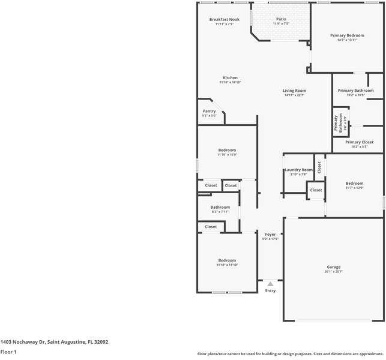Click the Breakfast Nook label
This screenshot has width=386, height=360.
coord(224,20)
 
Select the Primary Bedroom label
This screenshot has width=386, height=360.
coord(347,36)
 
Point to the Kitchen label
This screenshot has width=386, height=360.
coord(231,78)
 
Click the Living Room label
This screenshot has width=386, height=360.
coord(295,91)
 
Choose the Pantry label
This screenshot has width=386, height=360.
coord(209,111)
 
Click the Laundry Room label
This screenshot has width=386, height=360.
coord(298,170)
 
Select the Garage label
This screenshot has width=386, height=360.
coord(333,268)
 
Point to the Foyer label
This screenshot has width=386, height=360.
coord(270,235)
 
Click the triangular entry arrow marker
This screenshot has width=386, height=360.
coord(270,284)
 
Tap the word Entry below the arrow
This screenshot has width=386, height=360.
coord(270,291)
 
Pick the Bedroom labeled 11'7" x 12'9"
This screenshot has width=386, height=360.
coord(354,184)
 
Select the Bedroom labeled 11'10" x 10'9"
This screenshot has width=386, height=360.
coord(227,150)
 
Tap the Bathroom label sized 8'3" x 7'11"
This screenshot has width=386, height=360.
coord(220,208)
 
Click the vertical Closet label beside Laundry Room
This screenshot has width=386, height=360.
coord(319,167)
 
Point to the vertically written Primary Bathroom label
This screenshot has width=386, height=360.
coord(337,122)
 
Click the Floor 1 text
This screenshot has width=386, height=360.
coord(8,352)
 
